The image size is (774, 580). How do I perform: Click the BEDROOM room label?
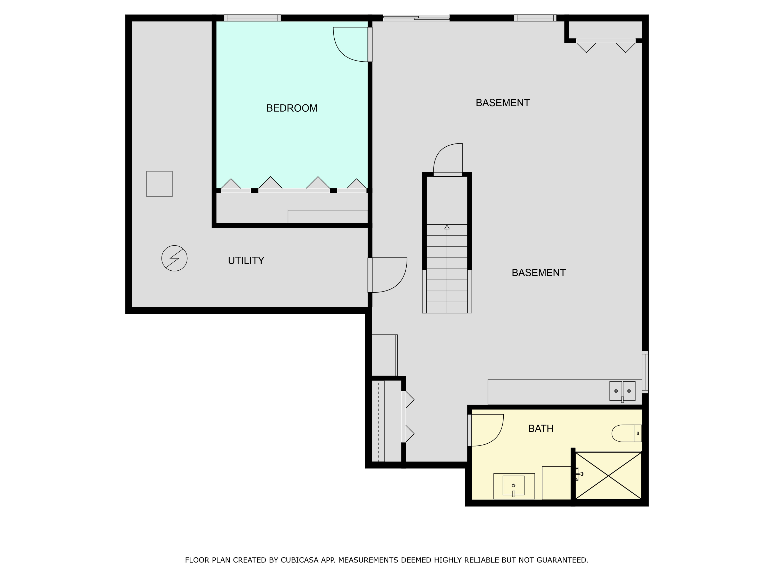[x=292, y=108]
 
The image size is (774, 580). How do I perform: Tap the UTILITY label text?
[x=246, y=260]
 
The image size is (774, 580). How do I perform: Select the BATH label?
[x=541, y=429]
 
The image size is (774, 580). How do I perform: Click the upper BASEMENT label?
[x=503, y=103]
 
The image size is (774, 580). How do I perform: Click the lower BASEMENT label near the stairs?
[x=538, y=273]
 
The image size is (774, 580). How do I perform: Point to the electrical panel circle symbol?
[x=174, y=258]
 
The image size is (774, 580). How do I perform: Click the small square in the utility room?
[x=159, y=184]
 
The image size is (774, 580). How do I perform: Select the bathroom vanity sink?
[x=513, y=486]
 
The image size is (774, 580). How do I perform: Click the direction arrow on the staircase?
[x=447, y=228]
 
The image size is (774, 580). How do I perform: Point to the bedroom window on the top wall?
[x=252, y=18]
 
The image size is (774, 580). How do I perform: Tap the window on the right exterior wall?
[x=645, y=372]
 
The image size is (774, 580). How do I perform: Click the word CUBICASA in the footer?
[x=300, y=560]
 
